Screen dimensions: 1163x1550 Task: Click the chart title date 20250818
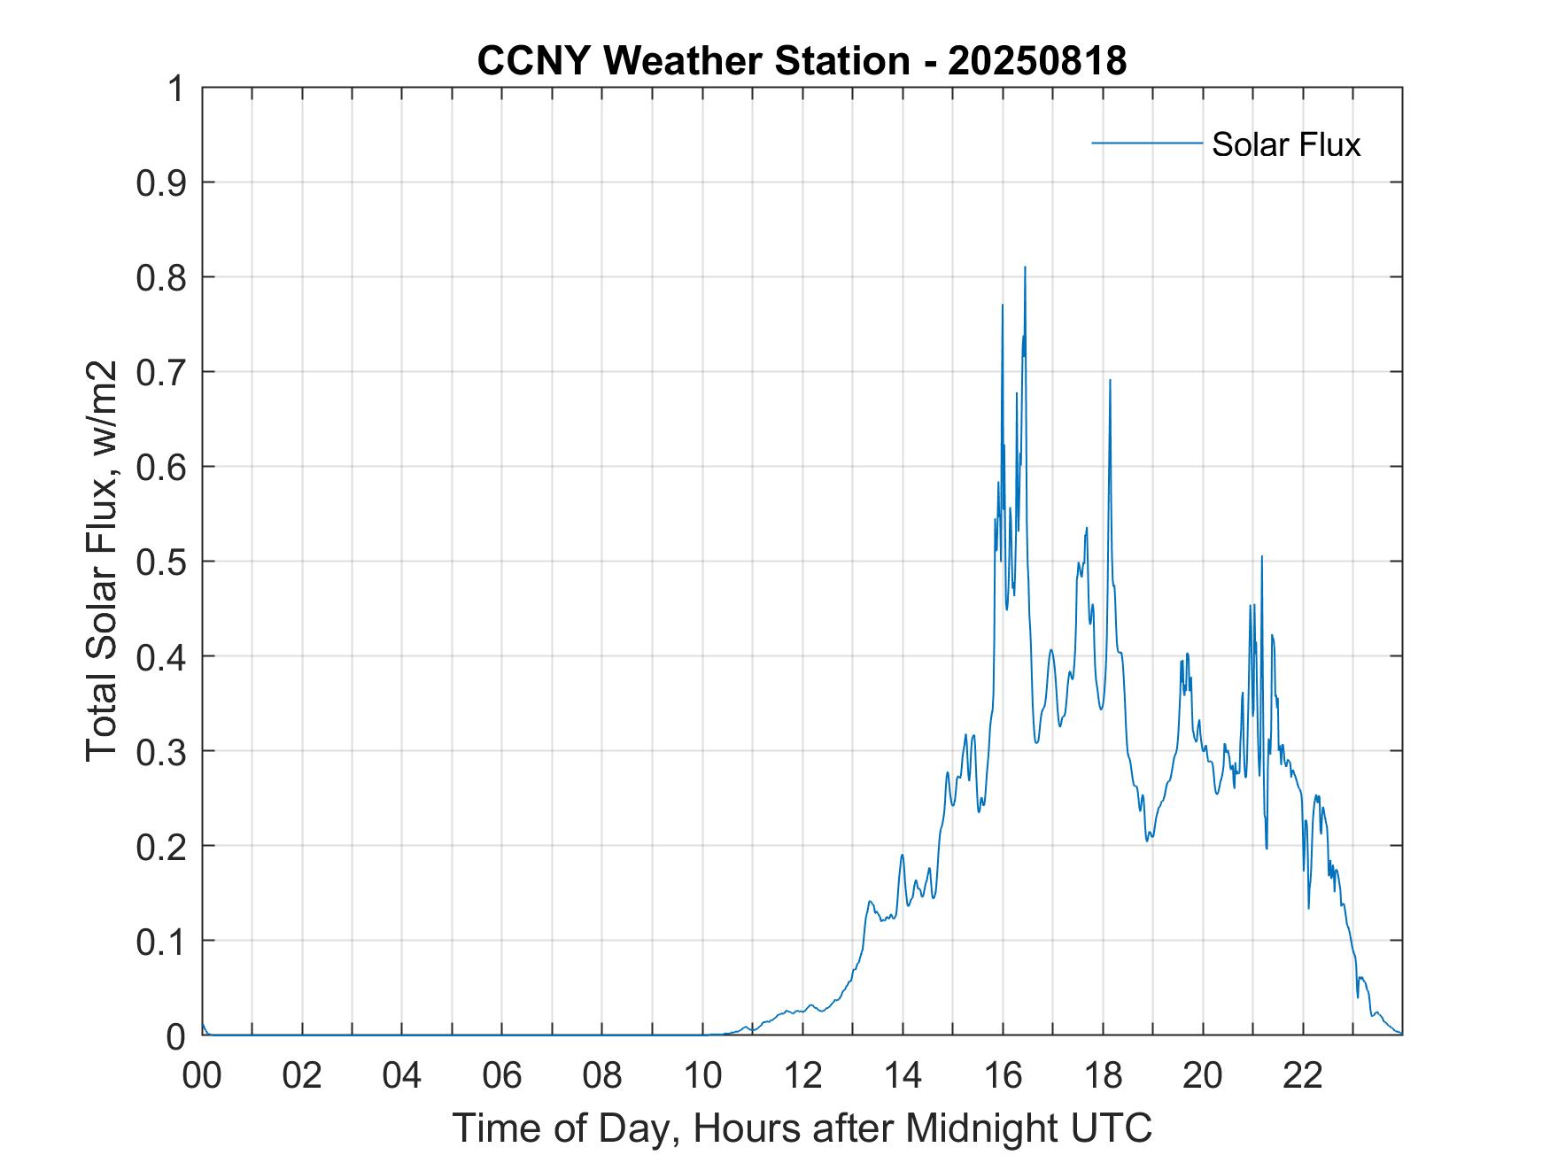point(1036,61)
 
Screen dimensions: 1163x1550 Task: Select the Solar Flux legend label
point(1285,144)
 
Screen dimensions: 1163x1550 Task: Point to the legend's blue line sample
point(1146,143)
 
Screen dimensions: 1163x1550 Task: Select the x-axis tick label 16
point(1004,1076)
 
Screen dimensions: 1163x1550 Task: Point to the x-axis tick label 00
point(202,1076)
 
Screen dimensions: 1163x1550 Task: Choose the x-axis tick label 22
point(1303,1076)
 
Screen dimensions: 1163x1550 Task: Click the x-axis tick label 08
point(602,1076)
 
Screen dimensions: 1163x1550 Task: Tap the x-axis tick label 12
point(802,1076)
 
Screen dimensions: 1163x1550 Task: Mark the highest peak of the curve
point(1025,267)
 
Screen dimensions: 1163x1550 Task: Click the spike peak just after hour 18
point(1110,381)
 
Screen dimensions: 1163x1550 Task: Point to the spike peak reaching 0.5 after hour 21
point(1261,557)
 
